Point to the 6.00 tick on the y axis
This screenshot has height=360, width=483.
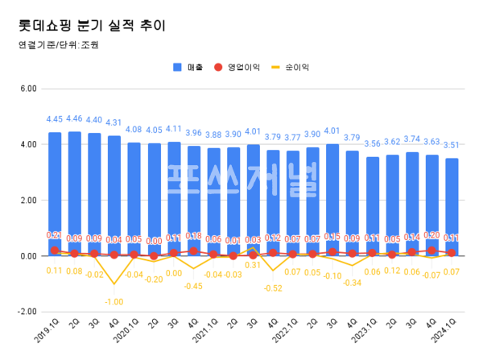pos(29,89)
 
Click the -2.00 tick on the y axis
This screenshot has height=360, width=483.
pos(27,312)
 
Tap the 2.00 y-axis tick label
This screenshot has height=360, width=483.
pos(29,200)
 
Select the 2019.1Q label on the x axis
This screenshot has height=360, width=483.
pos(49,331)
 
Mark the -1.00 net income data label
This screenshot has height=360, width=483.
pos(114,301)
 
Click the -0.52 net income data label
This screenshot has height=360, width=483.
pos(274,288)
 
